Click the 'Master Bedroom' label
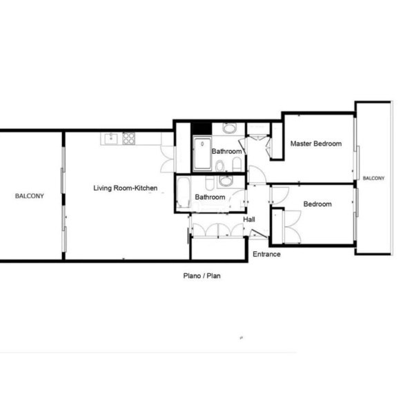pos(316,144)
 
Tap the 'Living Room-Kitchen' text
pos(126,188)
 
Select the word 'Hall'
pos(249,219)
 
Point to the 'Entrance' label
pos(266,254)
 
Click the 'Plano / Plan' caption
pos(202,276)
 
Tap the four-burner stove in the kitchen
pos(128,139)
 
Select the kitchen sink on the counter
pos(111,139)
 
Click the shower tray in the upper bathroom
pos(202,154)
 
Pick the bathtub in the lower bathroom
pos(184,193)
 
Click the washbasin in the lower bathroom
pos(226,181)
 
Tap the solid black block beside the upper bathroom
pos(201,128)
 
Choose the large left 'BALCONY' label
pos(30,196)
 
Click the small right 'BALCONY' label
pos(373,178)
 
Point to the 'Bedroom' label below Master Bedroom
pos(317,204)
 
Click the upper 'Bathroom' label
pos(226,151)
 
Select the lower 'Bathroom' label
pos(210,197)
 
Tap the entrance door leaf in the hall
pos(257,234)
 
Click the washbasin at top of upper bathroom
pos(228,128)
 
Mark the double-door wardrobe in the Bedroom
pos(292,226)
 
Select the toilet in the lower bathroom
pos(209,183)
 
